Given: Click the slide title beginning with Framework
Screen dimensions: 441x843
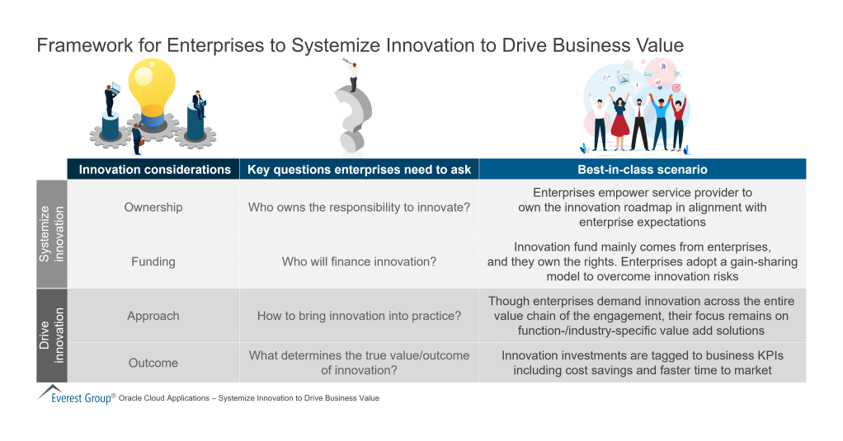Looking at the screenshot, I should (360, 45).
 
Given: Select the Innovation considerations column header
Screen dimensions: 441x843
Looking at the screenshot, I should (154, 169).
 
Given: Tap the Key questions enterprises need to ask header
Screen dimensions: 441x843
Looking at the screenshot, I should (359, 169).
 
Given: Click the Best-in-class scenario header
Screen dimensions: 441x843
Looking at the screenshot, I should (642, 169).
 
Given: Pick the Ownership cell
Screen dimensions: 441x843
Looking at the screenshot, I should (153, 207).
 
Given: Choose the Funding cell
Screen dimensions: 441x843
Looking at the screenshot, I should (153, 261).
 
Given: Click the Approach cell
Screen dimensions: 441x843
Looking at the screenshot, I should (153, 316).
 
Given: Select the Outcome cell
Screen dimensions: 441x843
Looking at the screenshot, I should (153, 363).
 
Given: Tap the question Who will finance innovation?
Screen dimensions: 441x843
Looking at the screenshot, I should (359, 261).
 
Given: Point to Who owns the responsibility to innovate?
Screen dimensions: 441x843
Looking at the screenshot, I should (359, 207).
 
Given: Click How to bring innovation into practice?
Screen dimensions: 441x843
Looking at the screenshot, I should (359, 316).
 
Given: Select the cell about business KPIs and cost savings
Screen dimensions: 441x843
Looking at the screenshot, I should (642, 363).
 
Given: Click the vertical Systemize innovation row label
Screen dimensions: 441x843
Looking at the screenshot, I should (51, 234).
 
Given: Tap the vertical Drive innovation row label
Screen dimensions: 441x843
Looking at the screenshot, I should (51, 335).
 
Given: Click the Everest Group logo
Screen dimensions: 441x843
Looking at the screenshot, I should (74, 396).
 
